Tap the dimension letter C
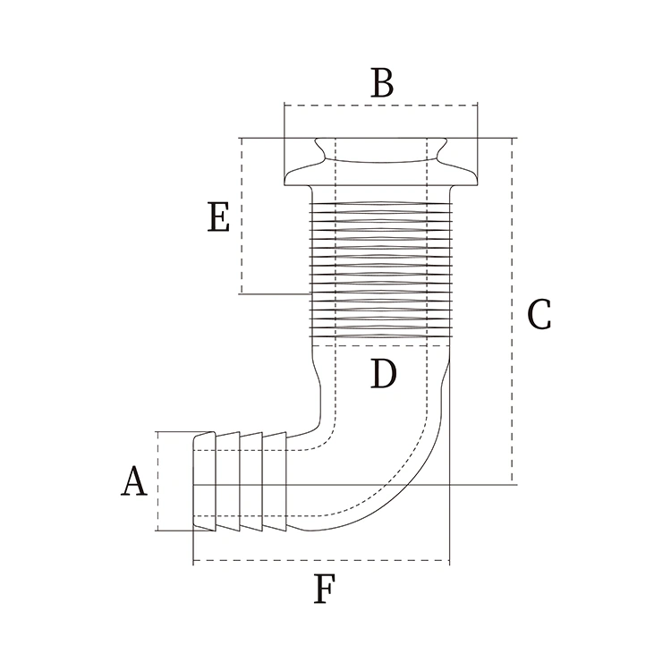click(539, 314)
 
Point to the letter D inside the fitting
click(382, 374)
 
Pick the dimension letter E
click(218, 217)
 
